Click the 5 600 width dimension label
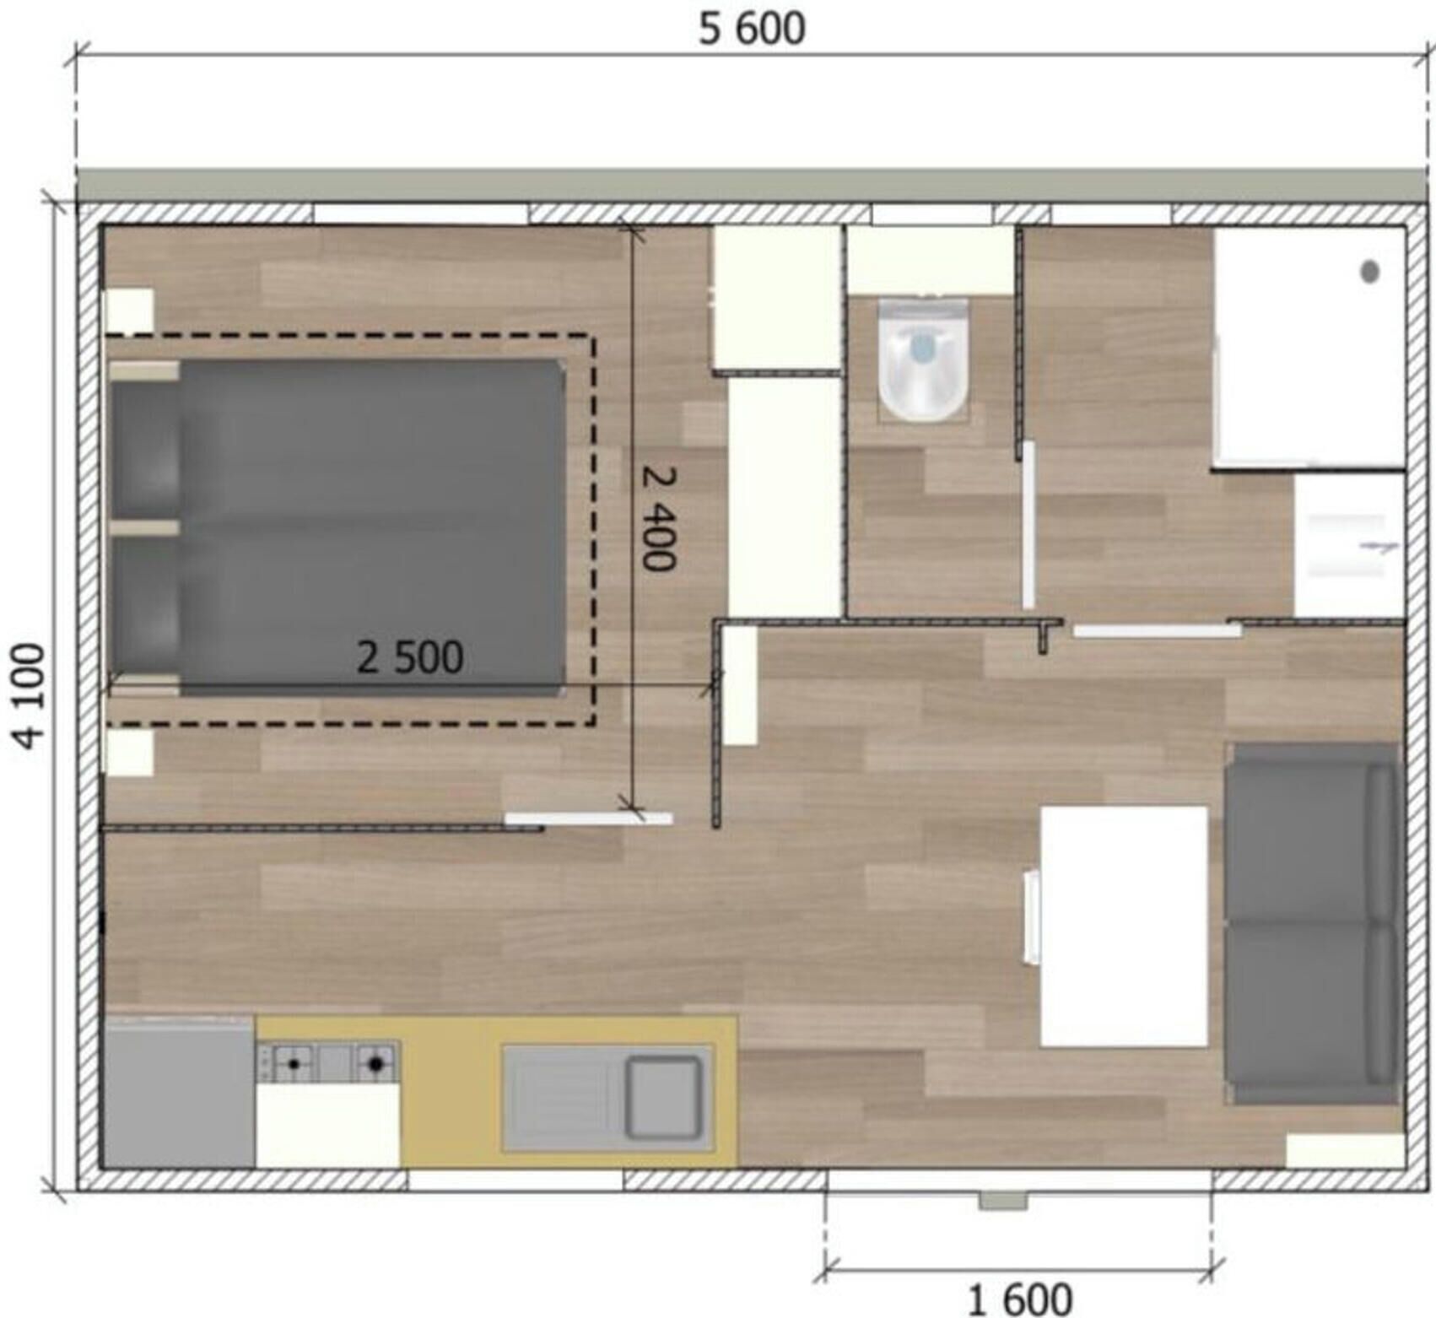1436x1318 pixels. coord(752,29)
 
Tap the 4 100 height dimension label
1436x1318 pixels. coord(29,696)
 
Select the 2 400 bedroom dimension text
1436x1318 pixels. coord(659,518)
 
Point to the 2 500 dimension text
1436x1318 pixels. coord(410,657)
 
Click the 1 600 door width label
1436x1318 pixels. coord(1020,1299)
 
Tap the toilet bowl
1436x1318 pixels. coord(923,359)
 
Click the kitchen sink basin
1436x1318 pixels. coord(663,1095)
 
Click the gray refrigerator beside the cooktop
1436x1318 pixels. coord(178,1093)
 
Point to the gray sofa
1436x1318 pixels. coord(1312,924)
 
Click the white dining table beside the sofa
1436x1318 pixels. coord(1124,926)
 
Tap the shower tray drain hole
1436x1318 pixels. coord(1370,272)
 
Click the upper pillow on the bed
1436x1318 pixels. coord(145,449)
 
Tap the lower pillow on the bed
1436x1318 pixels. coord(145,606)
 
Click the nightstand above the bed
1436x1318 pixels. coord(128,311)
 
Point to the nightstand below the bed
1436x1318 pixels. coord(128,753)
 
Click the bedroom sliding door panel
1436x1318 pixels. coord(589,818)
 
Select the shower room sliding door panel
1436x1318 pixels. coord(1157,630)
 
